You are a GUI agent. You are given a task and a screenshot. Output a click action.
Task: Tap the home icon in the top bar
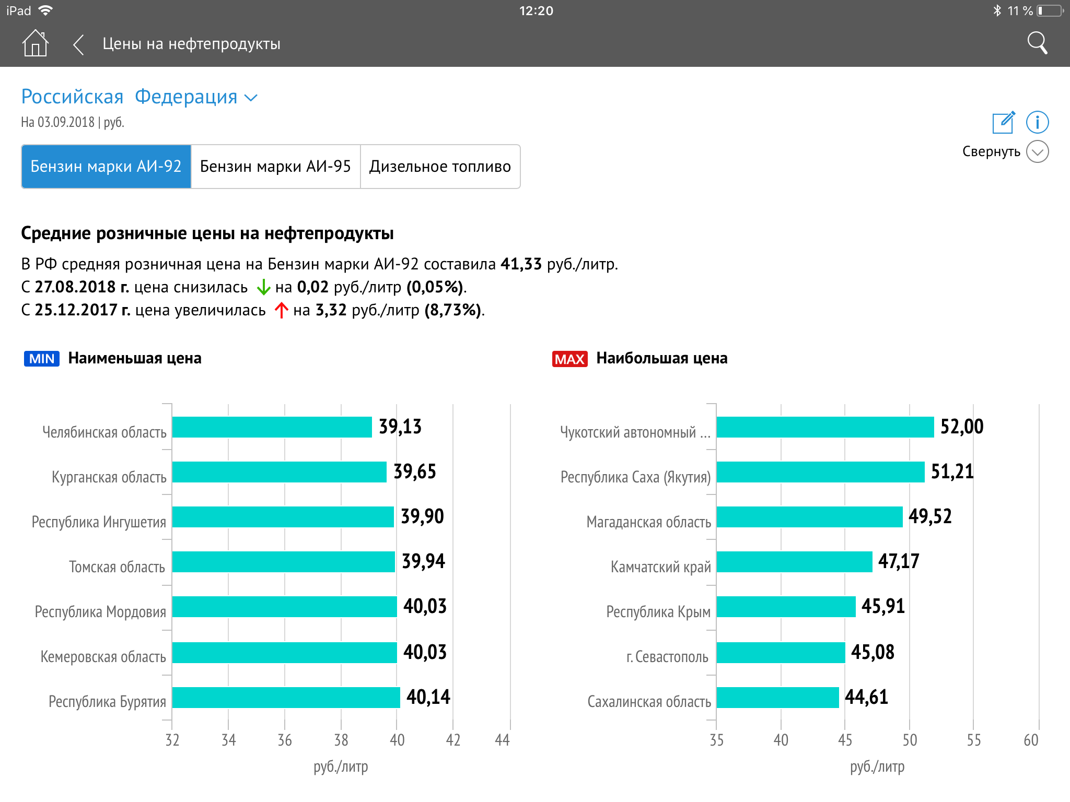(x=35, y=43)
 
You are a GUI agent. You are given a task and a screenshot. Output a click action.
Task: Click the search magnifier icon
(x=1037, y=43)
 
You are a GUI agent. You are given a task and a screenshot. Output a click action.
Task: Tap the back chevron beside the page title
(x=78, y=44)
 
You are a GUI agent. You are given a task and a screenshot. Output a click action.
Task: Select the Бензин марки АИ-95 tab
(x=275, y=167)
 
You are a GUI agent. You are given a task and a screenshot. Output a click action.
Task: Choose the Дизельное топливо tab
(x=440, y=167)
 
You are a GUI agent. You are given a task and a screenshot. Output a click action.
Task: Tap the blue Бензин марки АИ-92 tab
(x=106, y=167)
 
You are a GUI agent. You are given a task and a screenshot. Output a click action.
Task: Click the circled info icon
(x=1037, y=123)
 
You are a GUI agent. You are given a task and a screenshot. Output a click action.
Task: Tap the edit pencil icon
(x=1003, y=123)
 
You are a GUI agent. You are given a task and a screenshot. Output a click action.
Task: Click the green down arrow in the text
(x=263, y=287)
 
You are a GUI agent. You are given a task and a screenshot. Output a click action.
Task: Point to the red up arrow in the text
(x=281, y=310)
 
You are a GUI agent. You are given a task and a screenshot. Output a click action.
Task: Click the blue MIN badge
(x=42, y=359)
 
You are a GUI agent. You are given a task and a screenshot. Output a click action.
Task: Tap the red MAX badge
(x=569, y=359)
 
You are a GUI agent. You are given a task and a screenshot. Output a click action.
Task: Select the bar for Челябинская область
(x=272, y=427)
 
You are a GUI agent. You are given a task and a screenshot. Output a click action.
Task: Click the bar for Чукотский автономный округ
(x=825, y=427)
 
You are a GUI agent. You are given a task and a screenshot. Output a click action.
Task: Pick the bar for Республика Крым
(x=786, y=607)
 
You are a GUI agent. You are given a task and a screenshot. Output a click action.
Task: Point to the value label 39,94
(x=423, y=561)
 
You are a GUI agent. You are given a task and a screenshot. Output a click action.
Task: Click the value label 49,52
(x=930, y=516)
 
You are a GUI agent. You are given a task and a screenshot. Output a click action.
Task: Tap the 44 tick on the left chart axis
(x=502, y=740)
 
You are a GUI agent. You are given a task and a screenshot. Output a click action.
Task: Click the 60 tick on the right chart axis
(x=1031, y=740)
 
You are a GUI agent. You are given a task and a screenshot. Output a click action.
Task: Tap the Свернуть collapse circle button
(x=1037, y=152)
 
